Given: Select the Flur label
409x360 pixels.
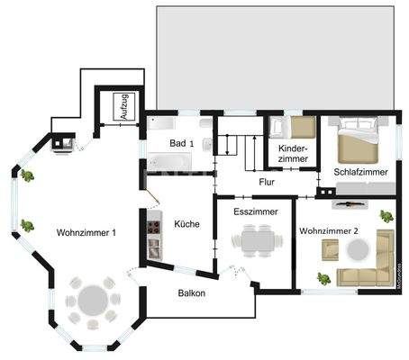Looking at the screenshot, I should point(266,182).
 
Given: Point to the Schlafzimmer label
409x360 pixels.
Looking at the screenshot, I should point(360,171).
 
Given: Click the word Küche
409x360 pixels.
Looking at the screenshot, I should point(186,224).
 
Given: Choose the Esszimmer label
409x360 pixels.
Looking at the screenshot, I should point(255,212).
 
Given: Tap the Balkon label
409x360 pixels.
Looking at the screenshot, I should point(191,293).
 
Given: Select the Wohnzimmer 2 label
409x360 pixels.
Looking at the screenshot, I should point(330,231).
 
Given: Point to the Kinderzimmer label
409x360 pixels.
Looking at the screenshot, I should point(294,152).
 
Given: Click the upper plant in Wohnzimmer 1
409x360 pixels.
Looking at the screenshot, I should point(28,175).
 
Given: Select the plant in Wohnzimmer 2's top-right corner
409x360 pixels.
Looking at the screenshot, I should point(386,215).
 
